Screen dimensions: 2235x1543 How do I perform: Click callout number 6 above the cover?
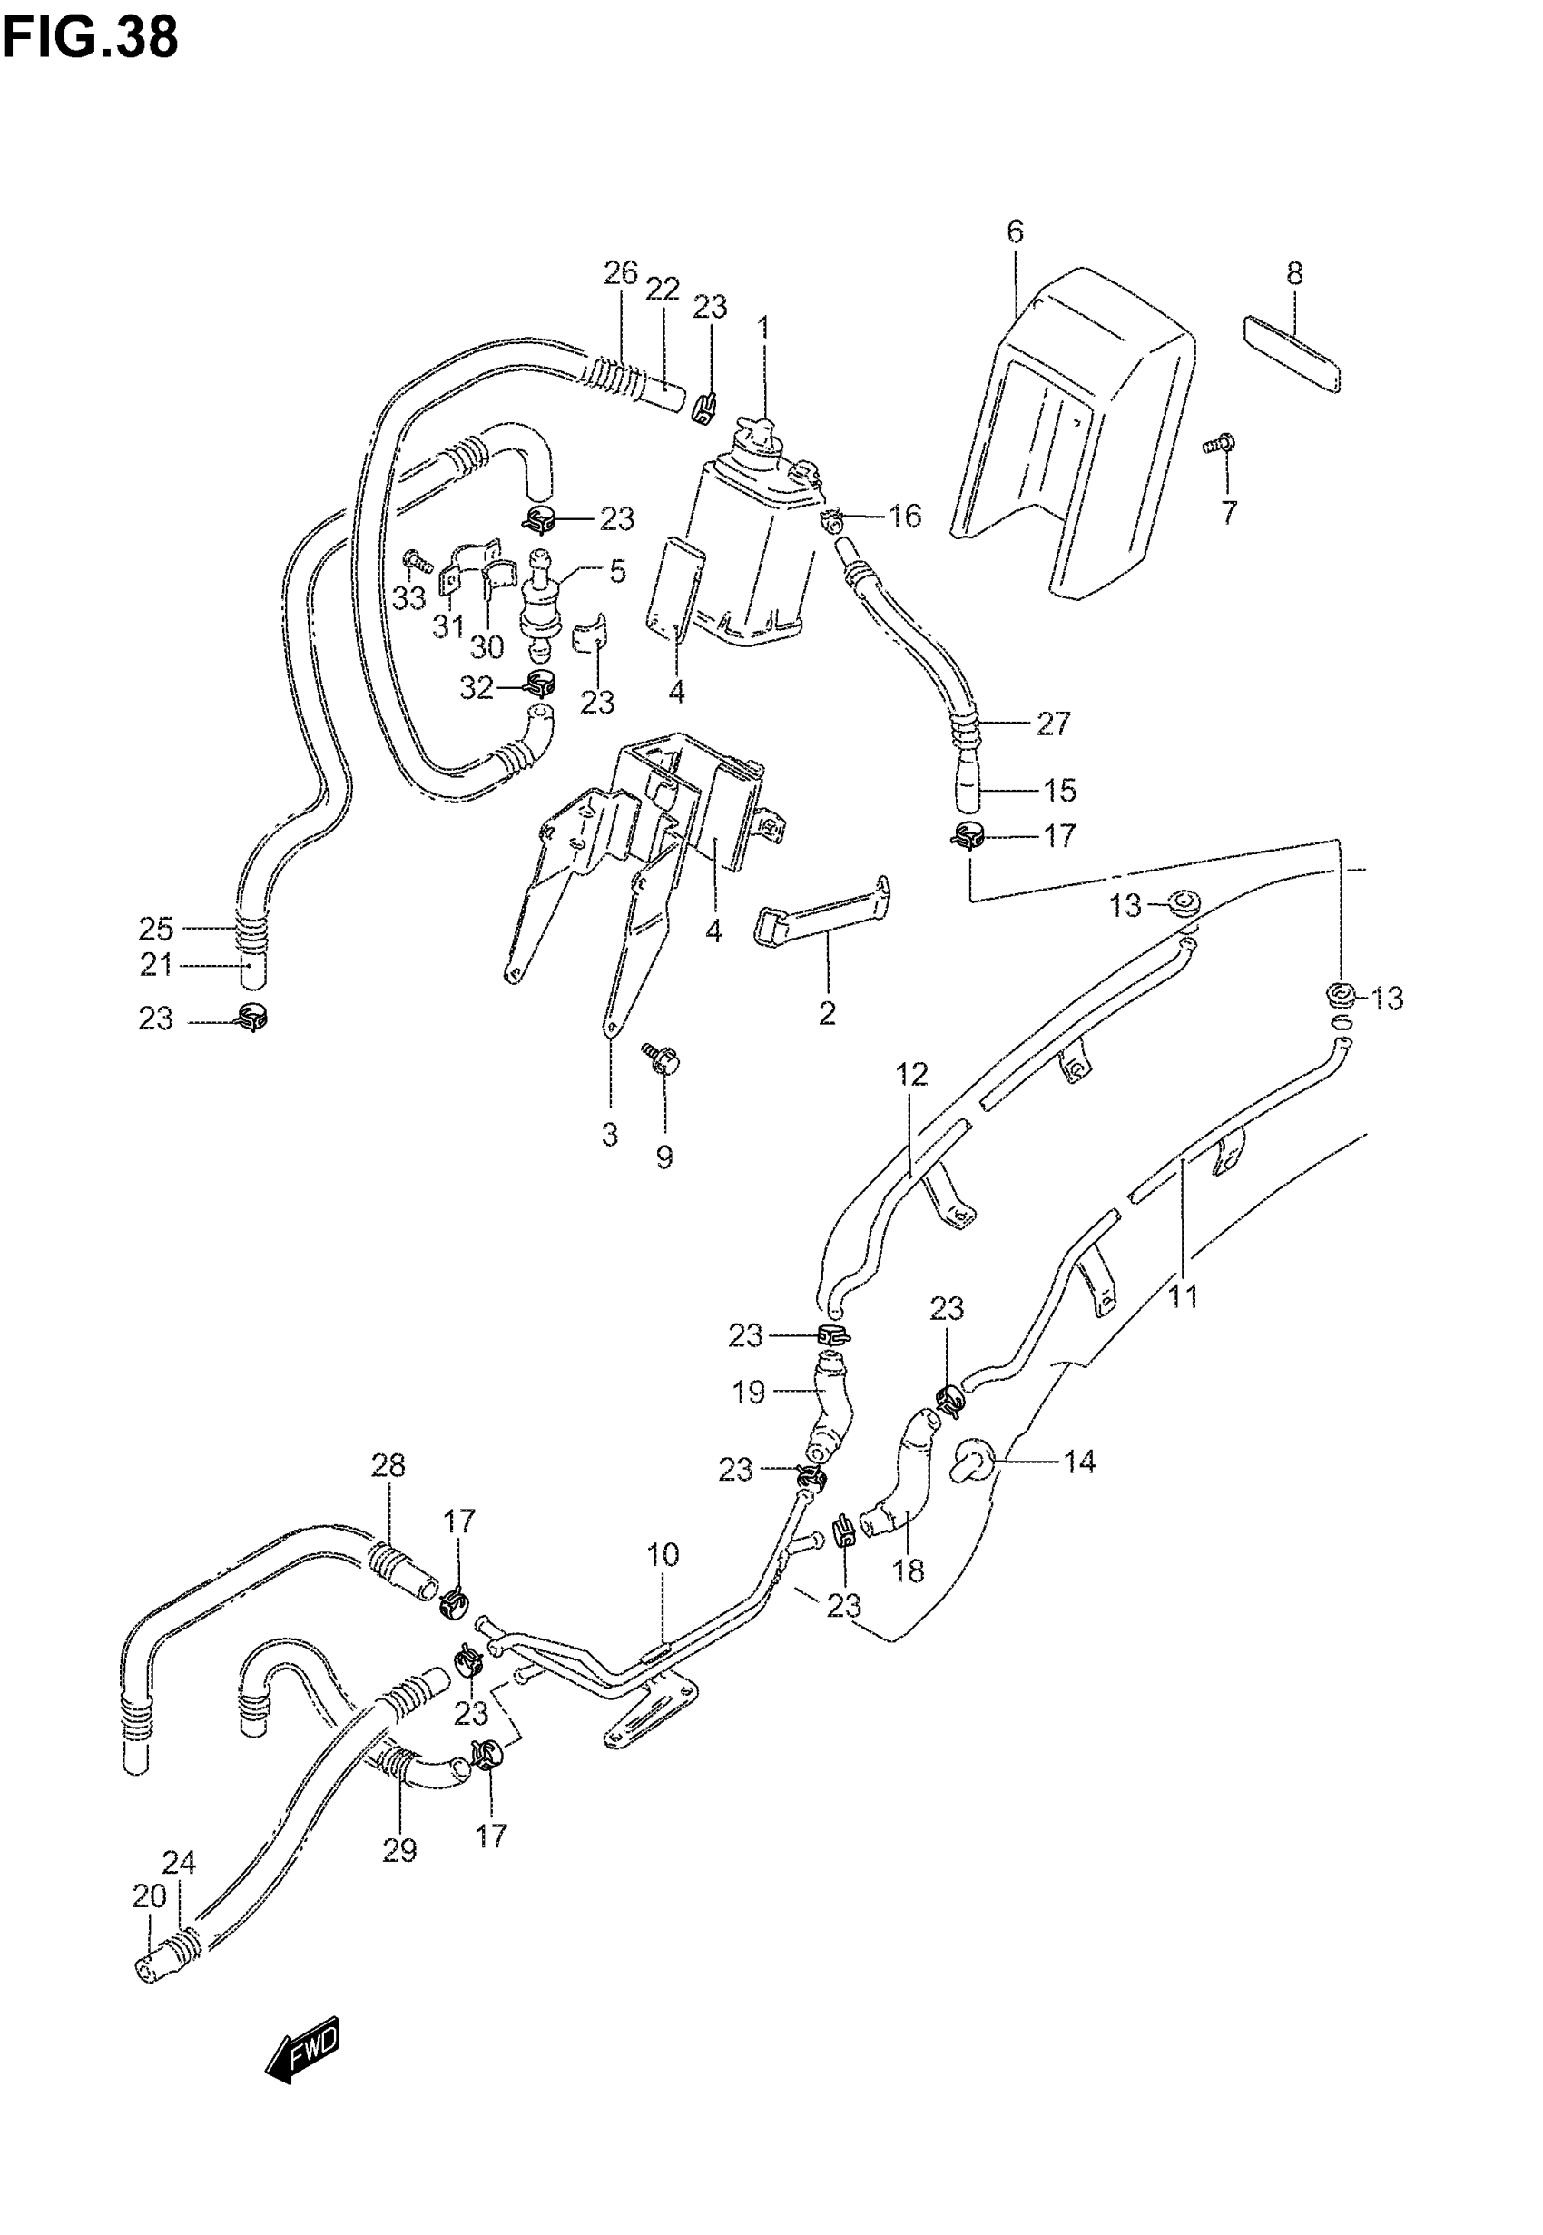(1014, 232)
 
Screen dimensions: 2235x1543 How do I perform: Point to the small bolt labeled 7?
(1221, 445)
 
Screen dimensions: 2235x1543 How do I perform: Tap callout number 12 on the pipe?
(911, 1074)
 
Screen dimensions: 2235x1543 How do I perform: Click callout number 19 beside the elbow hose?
(748, 1392)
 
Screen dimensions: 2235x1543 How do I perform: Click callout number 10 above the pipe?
(663, 1555)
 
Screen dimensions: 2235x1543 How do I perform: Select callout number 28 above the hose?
(388, 1465)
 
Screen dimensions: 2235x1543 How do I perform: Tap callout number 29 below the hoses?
(399, 1850)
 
